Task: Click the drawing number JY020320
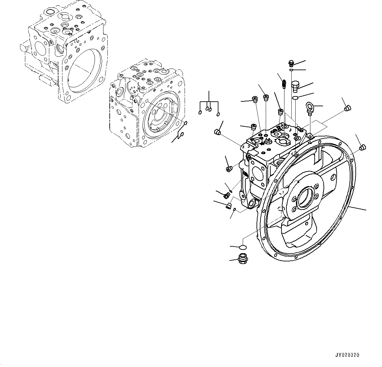(x=347, y=355)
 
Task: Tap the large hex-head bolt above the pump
(x=295, y=86)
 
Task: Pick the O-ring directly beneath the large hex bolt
(x=295, y=98)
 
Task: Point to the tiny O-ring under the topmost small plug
(x=291, y=70)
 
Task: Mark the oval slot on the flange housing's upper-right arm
(x=333, y=177)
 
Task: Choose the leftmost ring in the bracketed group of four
(x=200, y=113)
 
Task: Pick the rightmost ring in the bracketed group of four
(x=218, y=114)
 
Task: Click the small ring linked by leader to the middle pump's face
(x=186, y=123)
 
